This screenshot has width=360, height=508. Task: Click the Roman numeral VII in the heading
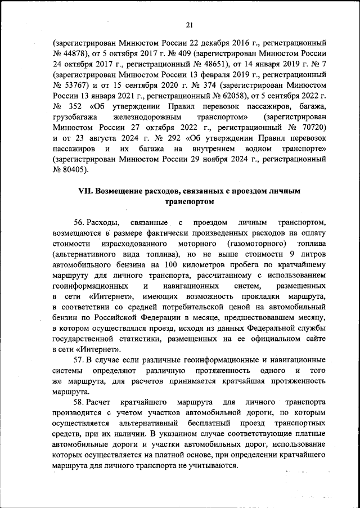tap(85, 192)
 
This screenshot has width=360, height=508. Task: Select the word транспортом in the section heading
tap(189, 202)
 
